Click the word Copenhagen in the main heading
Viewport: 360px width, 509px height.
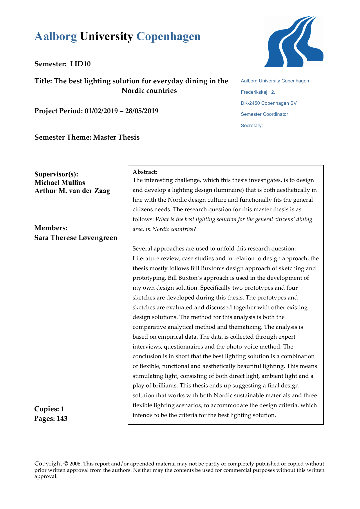(168, 37)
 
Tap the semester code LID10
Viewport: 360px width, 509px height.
(80, 64)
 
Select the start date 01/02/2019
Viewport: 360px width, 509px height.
(101, 111)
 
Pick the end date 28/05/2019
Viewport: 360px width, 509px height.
(142, 111)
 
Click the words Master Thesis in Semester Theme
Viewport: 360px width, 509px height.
(116, 137)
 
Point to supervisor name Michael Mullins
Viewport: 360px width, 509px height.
(60, 183)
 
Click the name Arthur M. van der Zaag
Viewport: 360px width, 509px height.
(72, 191)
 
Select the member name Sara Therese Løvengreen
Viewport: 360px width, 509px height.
(76, 238)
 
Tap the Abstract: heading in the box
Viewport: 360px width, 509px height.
(145, 172)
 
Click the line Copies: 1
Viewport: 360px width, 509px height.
(49, 409)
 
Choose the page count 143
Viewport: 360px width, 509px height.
(61, 418)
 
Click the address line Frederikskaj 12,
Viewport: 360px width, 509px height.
(258, 92)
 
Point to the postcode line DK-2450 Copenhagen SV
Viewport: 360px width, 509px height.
(269, 103)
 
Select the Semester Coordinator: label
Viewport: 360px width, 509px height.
(265, 114)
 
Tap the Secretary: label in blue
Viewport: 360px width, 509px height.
(252, 126)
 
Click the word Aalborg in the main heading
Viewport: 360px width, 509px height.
(56, 37)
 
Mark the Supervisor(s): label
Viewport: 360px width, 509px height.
(56, 174)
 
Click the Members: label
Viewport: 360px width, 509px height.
(51, 228)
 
